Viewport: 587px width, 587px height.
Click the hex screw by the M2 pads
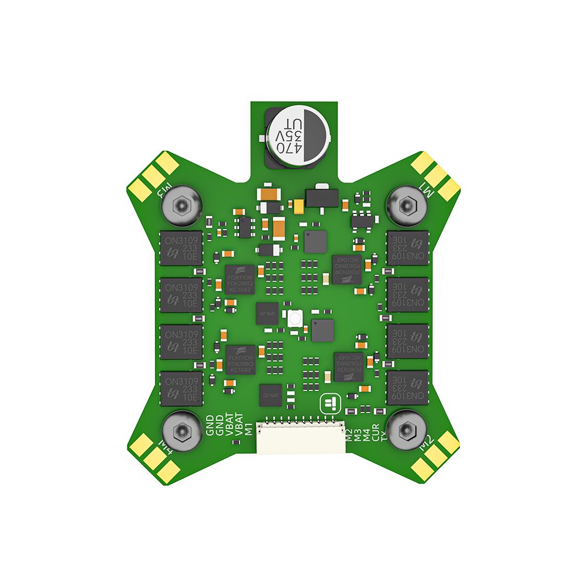pos(406,431)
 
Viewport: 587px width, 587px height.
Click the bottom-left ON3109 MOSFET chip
pos(181,388)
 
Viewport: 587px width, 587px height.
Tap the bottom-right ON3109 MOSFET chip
pos(407,388)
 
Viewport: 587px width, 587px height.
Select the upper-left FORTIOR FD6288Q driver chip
pos(240,280)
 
